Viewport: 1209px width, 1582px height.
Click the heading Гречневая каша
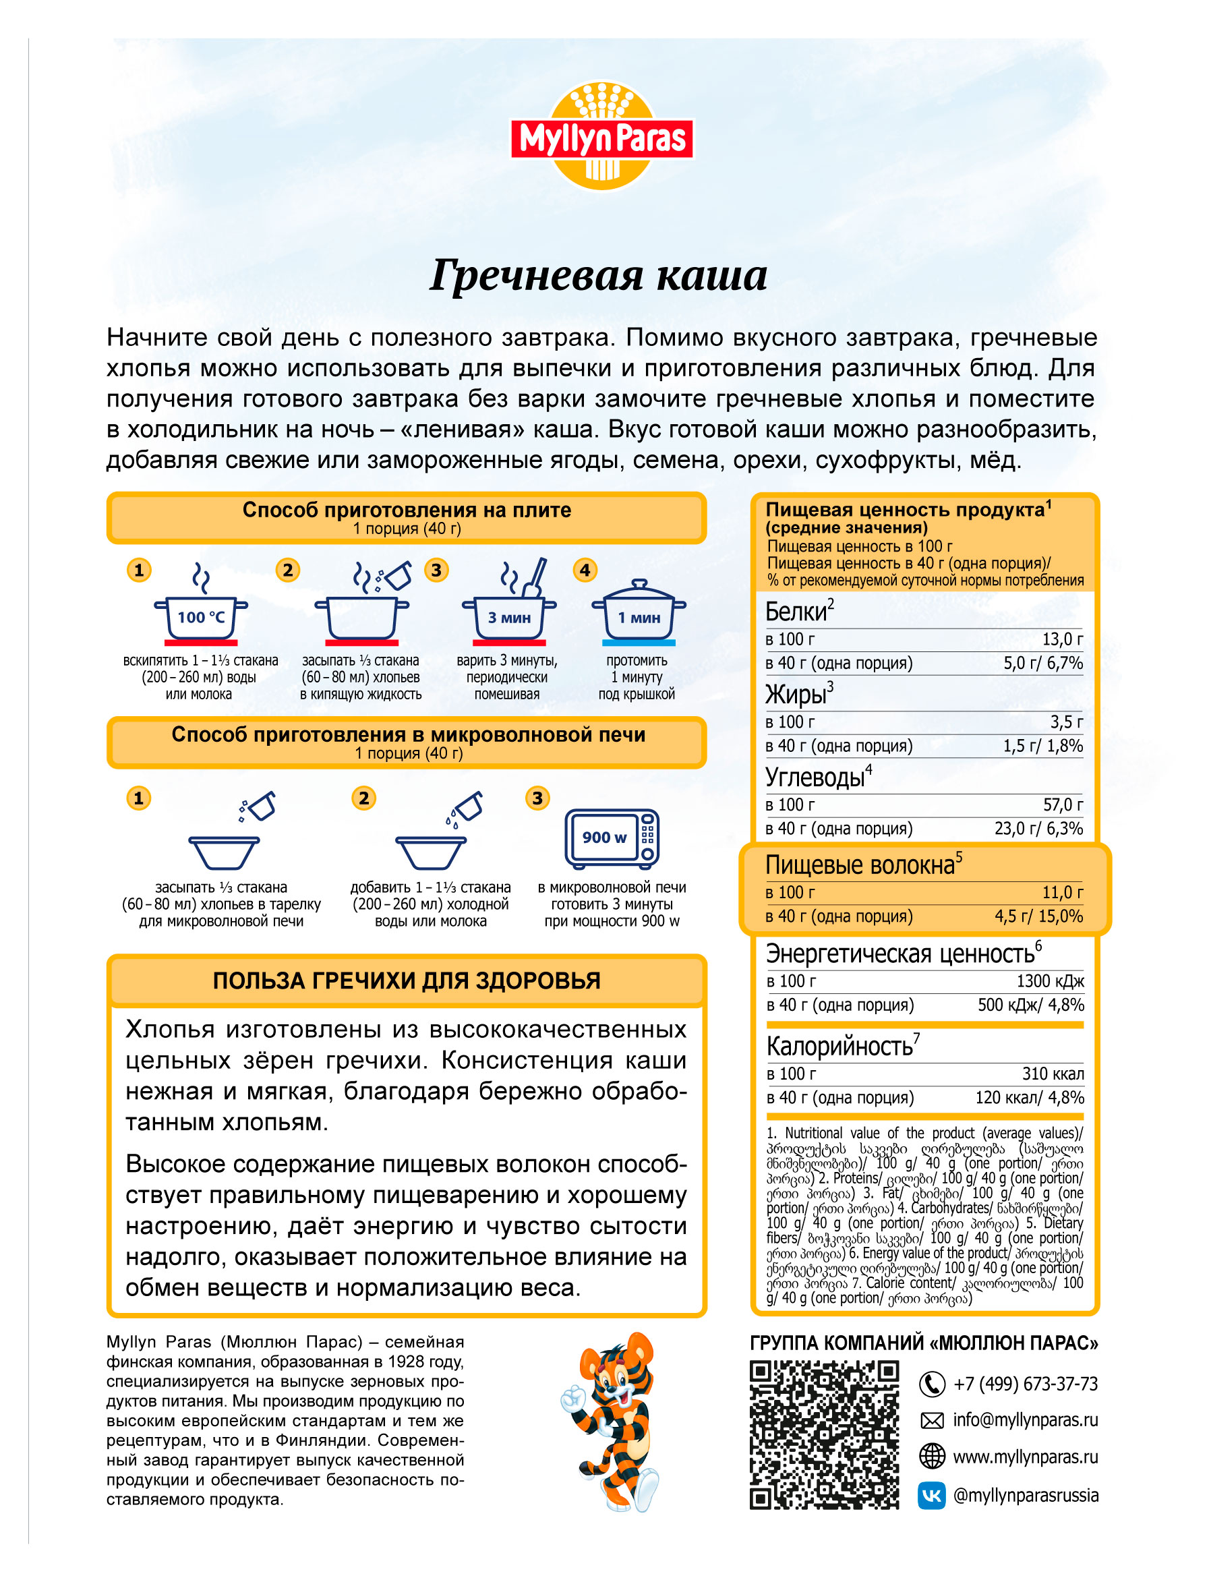point(598,276)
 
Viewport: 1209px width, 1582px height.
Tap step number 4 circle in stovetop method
point(585,570)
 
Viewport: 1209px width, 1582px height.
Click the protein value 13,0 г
point(1062,639)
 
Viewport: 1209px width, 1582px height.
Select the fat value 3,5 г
point(1066,722)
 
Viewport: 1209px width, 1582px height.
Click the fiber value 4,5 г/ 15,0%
point(1038,916)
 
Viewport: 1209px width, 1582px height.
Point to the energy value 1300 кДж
point(1050,982)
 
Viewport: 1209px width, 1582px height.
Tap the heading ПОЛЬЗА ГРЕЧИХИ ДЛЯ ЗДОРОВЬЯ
point(407,981)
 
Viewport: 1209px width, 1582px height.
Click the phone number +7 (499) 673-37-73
point(1026,1384)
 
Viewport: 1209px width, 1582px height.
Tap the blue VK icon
point(931,1496)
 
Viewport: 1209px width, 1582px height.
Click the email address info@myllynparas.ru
point(1026,1420)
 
